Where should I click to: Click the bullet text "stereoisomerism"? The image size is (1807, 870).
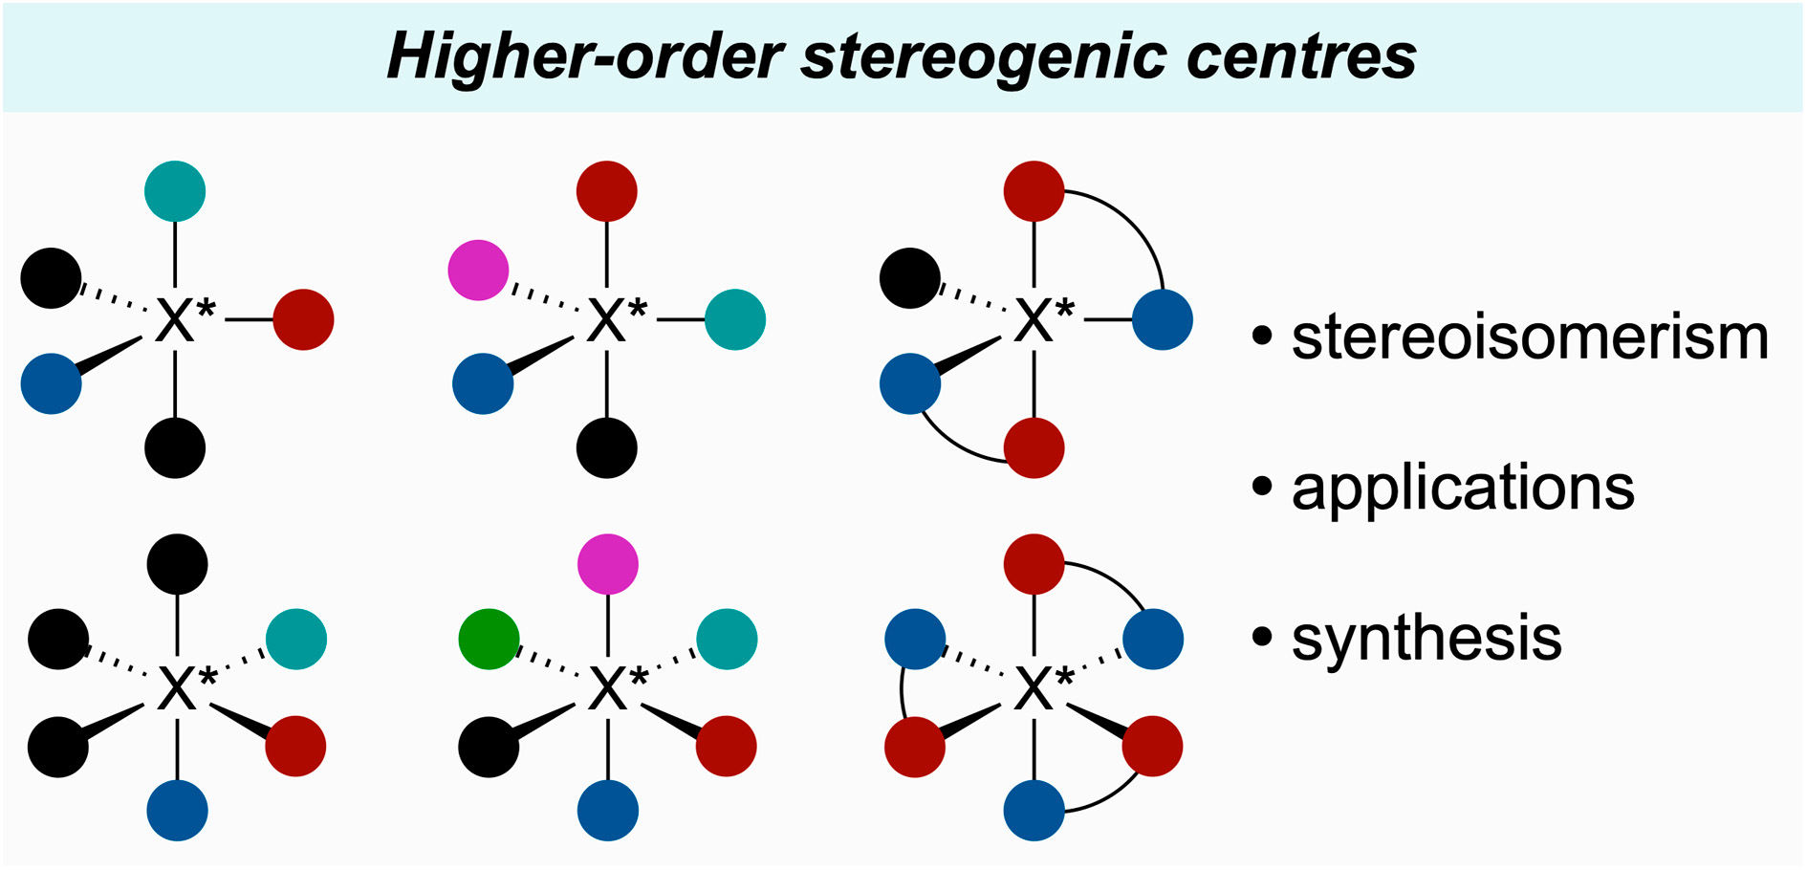(x=1530, y=337)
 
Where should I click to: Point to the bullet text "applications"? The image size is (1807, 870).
(x=1463, y=488)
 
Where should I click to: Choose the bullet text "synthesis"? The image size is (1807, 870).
(x=1426, y=638)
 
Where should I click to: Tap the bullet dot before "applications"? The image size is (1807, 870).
(x=1262, y=486)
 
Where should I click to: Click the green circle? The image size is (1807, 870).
(x=489, y=639)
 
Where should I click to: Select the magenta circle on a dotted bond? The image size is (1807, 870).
(x=478, y=271)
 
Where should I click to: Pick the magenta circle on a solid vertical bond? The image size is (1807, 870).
(x=608, y=564)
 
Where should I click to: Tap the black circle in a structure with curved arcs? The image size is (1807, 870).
(x=909, y=278)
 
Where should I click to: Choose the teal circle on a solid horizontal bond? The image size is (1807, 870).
(x=735, y=319)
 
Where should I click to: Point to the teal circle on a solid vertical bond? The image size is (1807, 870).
(x=175, y=191)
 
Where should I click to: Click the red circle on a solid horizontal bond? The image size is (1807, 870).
(x=303, y=319)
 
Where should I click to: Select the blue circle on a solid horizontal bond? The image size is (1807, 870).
(x=1163, y=319)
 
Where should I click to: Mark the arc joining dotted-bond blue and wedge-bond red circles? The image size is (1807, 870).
(x=902, y=692)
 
